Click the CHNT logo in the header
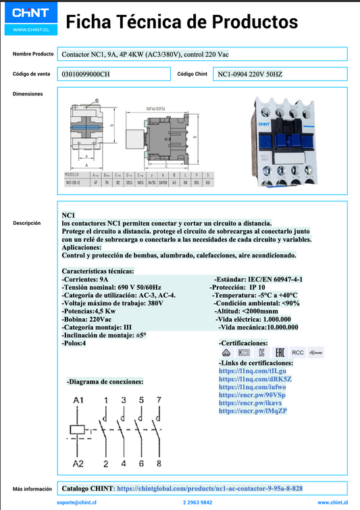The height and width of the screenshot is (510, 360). (29, 13)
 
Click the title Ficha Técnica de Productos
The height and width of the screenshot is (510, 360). (181, 22)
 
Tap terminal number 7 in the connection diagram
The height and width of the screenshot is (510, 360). (159, 400)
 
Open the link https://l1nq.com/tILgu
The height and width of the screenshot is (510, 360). (252, 372)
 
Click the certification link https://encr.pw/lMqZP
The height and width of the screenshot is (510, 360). (253, 411)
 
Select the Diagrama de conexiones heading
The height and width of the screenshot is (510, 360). (105, 382)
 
